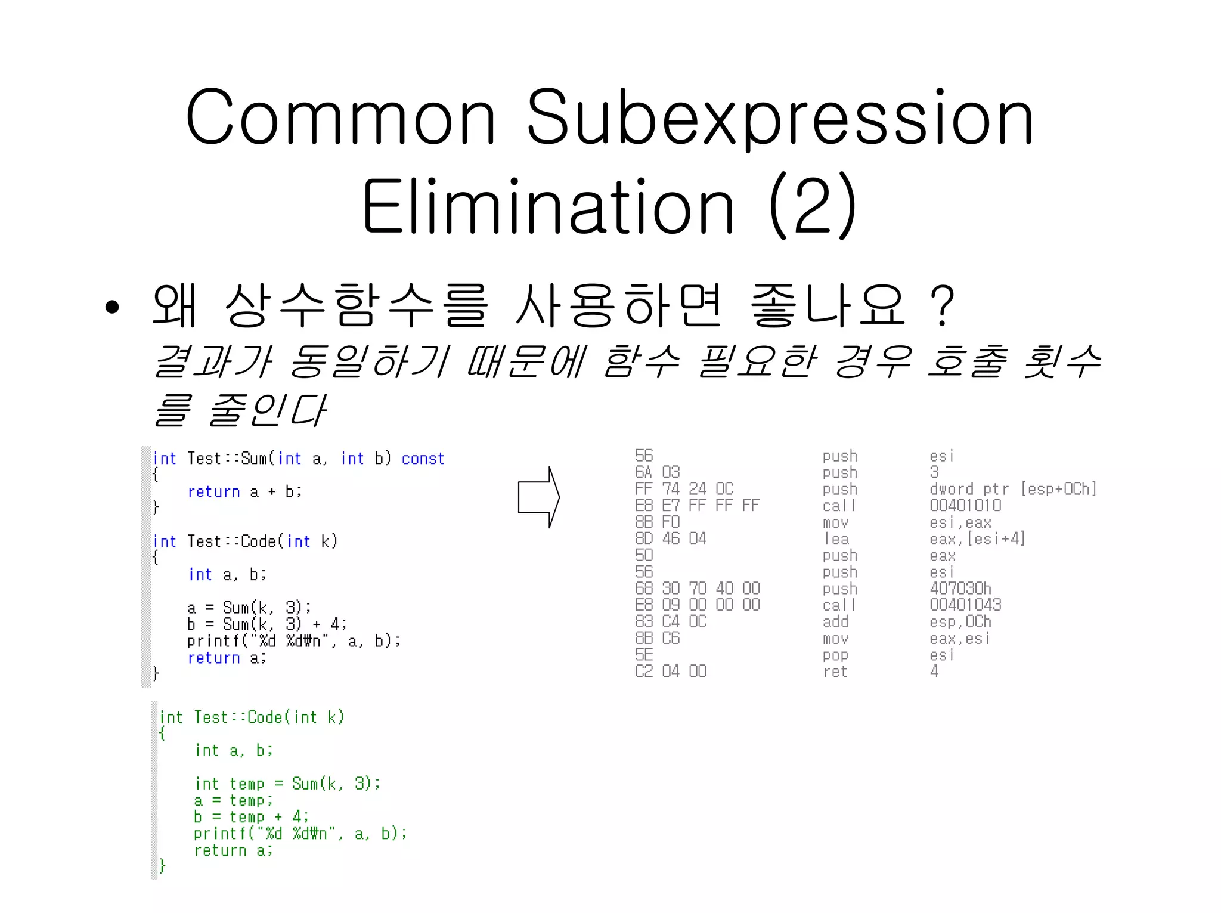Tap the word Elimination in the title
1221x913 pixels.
[548, 208]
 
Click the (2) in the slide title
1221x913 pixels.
[813, 206]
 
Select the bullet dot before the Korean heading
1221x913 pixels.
[111, 307]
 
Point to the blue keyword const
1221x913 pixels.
[423, 459]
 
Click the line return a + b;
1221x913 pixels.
[244, 492]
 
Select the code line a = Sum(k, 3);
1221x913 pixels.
[249, 608]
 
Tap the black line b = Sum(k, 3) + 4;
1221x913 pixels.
[266, 624]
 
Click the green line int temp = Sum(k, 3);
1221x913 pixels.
[287, 784]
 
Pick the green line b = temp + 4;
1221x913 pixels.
[250, 816]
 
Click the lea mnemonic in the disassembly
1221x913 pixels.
[836, 539]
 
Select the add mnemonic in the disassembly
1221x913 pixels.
[835, 622]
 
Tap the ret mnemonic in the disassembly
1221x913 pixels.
[835, 671]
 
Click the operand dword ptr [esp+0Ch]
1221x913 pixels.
[1012, 489]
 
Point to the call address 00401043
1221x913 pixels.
[965, 605]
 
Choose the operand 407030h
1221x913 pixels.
[960, 589]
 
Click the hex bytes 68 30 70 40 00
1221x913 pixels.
[697, 589]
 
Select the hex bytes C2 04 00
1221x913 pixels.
[671, 671]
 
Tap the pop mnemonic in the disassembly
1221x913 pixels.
[835, 655]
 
